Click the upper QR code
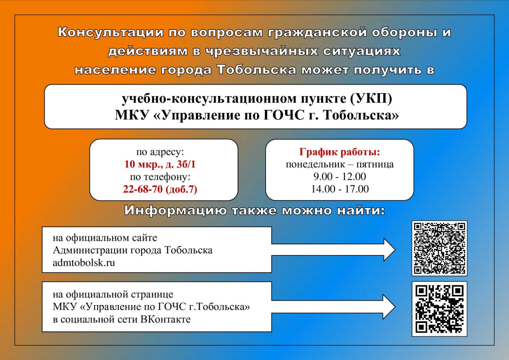click(x=439, y=248)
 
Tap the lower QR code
click(x=439, y=309)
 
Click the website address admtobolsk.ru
click(x=84, y=263)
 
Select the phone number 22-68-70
click(x=143, y=189)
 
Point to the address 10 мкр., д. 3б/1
click(x=160, y=164)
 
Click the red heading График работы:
click(x=340, y=152)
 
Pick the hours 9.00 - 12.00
click(x=340, y=177)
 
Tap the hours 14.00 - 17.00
click(x=340, y=189)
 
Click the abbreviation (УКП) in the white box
click(x=371, y=99)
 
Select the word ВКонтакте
click(x=165, y=319)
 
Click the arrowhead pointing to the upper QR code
click(x=389, y=249)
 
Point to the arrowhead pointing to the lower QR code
click(x=389, y=307)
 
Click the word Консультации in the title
click(x=111, y=32)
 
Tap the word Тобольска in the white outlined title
click(x=256, y=70)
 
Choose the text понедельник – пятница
click(x=340, y=164)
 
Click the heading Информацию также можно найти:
click(x=254, y=210)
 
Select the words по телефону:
click(x=160, y=177)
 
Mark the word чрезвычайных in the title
click(x=262, y=51)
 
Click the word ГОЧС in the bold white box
click(x=284, y=115)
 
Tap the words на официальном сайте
click(x=105, y=238)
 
